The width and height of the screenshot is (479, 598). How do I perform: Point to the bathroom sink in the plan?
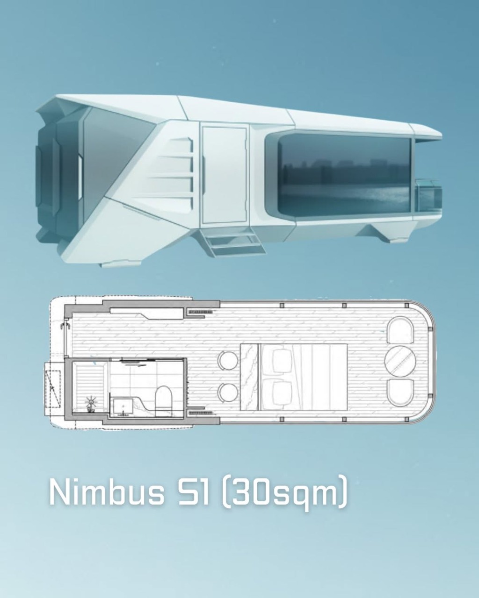[x=123, y=406]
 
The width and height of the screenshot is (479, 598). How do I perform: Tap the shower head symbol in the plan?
[x=90, y=402]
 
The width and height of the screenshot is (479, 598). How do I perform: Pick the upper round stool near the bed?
[x=228, y=360]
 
